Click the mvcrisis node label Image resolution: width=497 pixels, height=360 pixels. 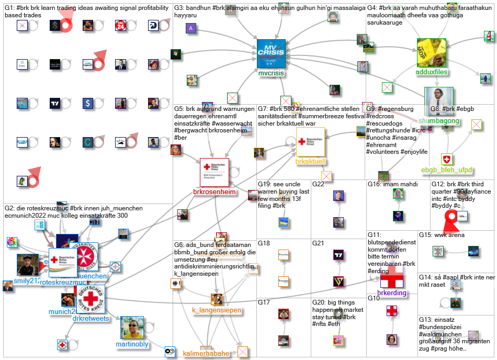[271, 74]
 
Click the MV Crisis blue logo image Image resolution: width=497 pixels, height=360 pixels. [271, 54]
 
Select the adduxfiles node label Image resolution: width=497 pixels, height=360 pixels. [432, 72]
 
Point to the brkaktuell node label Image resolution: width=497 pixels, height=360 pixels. [311, 162]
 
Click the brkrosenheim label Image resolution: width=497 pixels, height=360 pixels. [214, 192]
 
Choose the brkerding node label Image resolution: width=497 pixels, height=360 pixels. [391, 292]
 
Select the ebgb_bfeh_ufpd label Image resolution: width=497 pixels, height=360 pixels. [447, 170]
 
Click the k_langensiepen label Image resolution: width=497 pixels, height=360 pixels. [217, 310]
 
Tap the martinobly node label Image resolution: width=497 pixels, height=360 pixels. [132, 344]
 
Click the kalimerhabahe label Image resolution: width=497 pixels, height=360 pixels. [206, 353]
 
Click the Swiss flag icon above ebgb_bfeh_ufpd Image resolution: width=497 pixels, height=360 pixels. [446, 159]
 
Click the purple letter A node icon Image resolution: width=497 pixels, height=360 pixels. [191, 29]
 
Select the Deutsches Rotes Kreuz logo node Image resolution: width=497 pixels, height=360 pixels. [90, 299]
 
